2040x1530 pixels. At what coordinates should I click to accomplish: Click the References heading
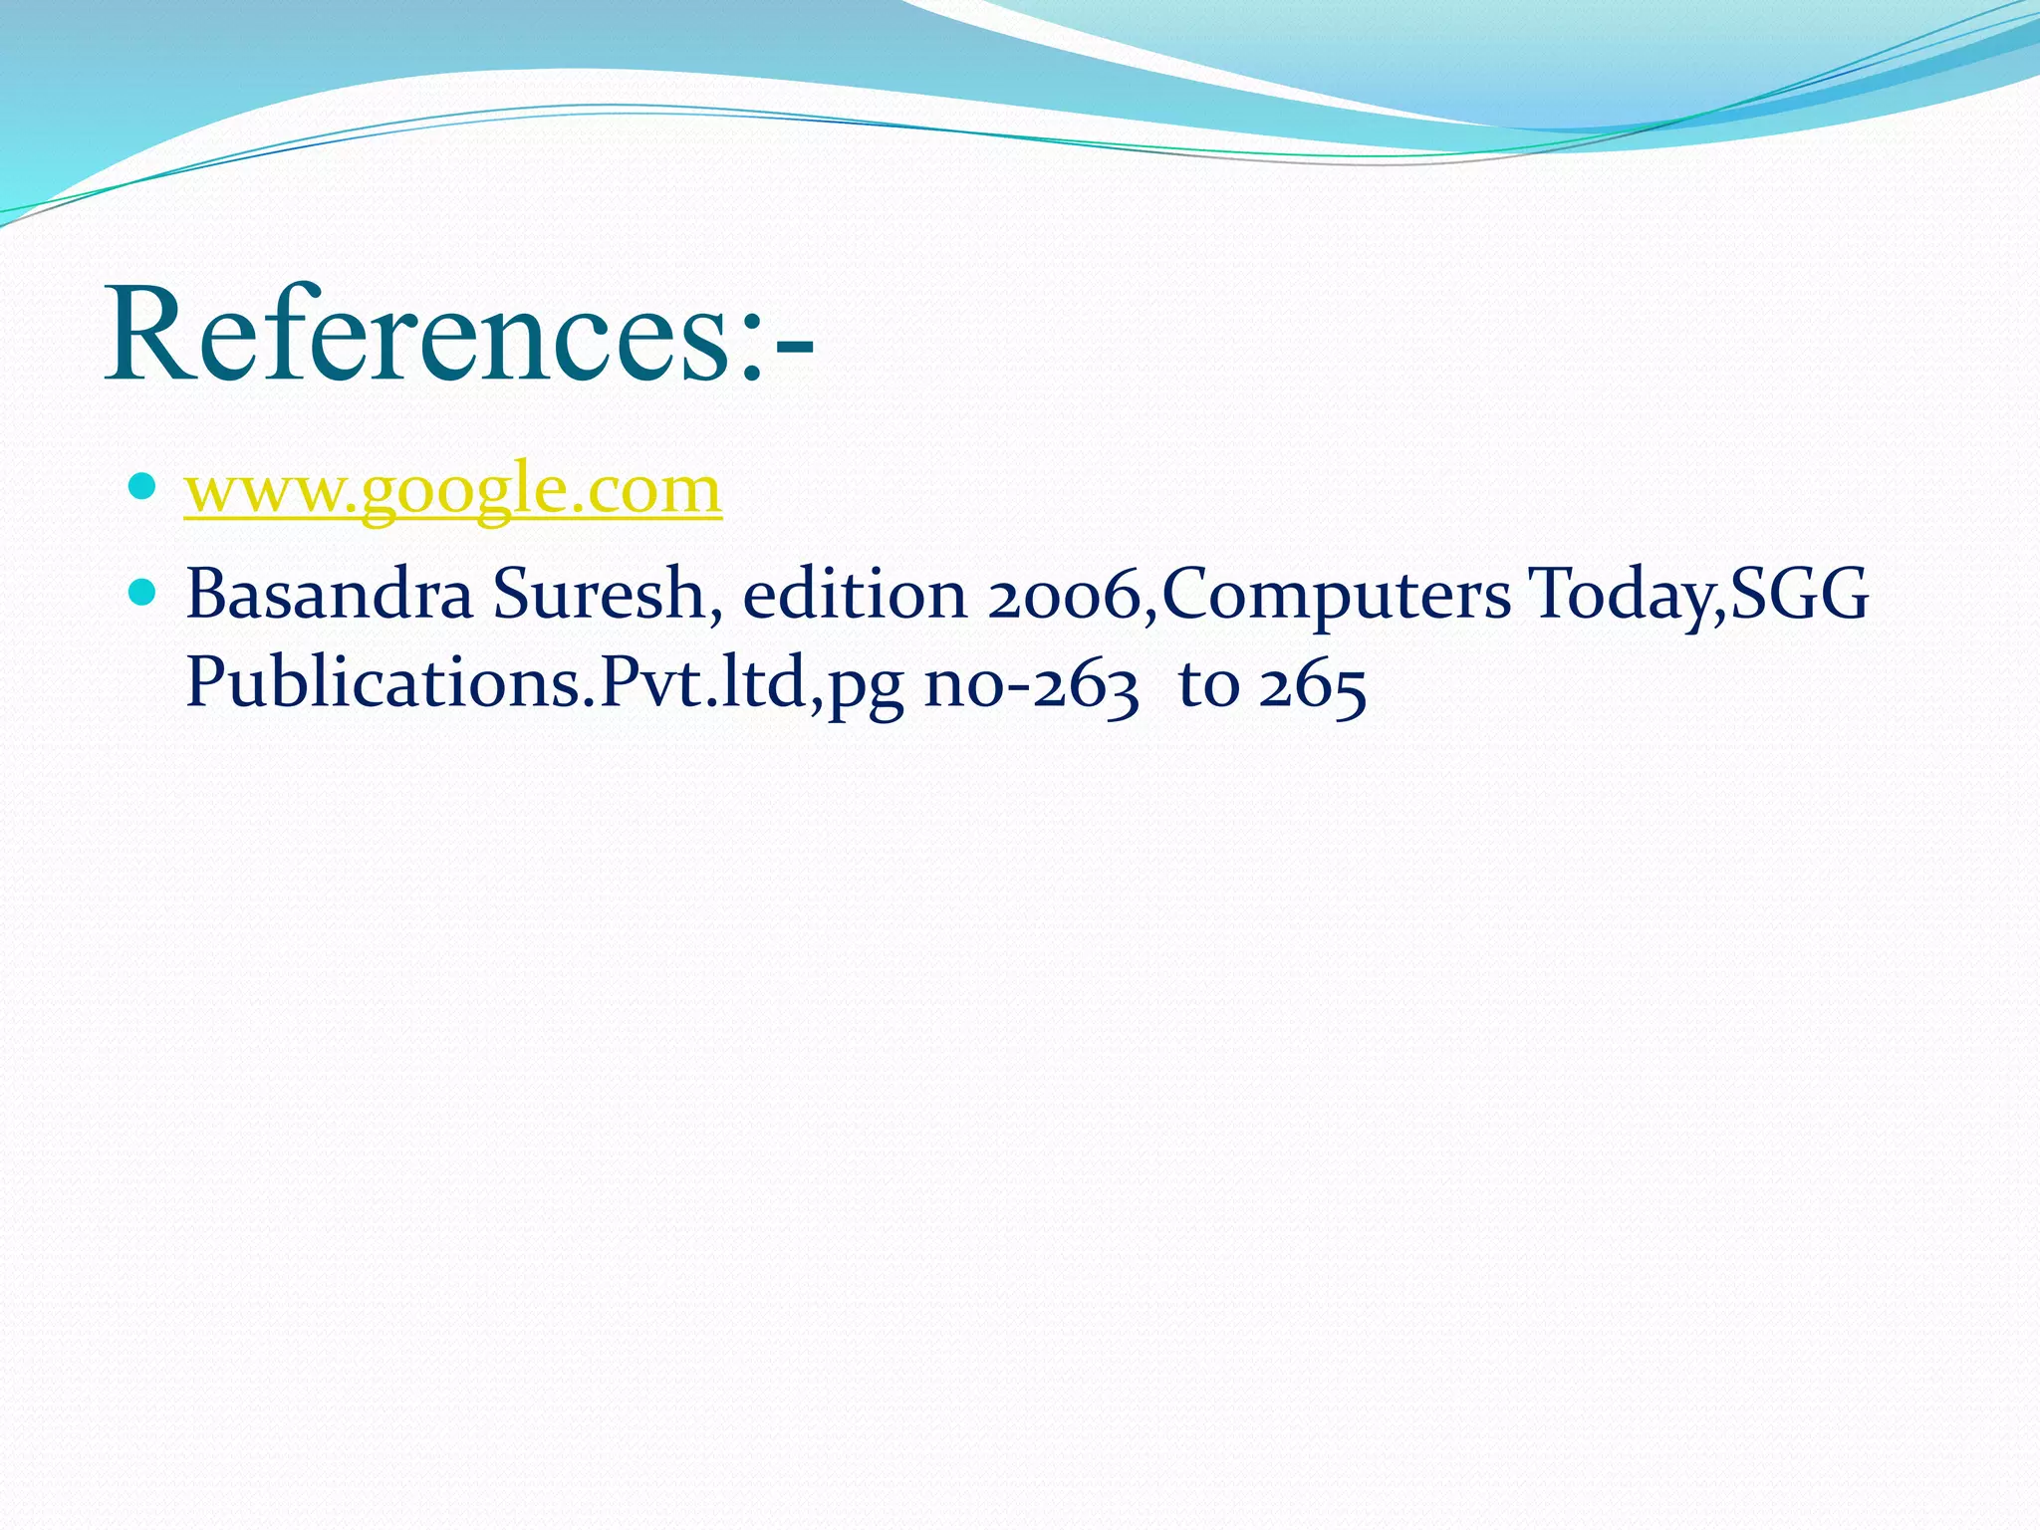(458, 335)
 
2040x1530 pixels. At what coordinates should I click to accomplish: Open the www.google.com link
(453, 489)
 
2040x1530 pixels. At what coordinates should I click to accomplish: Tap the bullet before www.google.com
(142, 487)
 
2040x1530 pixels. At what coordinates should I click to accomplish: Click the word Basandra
(329, 595)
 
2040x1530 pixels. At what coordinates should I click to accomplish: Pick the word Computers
(1336, 595)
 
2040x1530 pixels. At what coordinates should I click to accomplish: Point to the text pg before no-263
(866, 688)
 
